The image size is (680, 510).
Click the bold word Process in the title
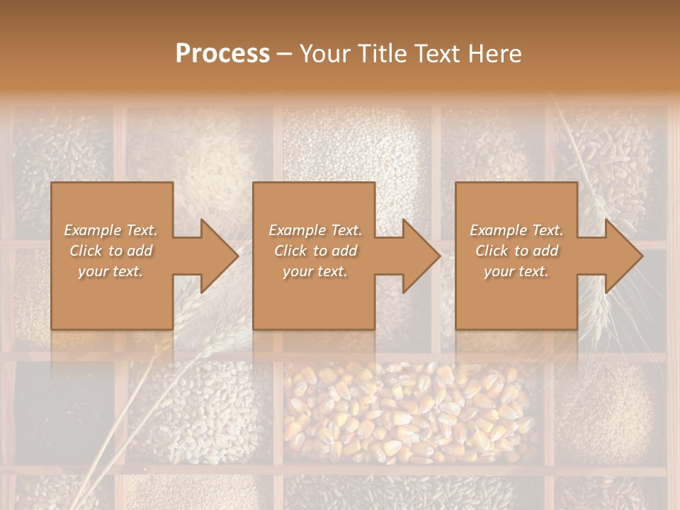click(222, 54)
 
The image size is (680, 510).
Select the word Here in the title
click(494, 54)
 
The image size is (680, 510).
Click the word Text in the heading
click(438, 54)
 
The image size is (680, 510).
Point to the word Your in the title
click(325, 54)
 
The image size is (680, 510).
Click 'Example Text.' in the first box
click(110, 230)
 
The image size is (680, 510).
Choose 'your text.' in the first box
click(110, 271)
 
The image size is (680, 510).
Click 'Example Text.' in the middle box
click(314, 230)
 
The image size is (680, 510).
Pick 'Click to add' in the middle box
click(314, 251)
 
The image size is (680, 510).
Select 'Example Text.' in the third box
click(516, 230)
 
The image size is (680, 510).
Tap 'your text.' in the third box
click(516, 271)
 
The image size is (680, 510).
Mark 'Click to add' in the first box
click(110, 251)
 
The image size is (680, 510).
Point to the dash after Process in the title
click(284, 55)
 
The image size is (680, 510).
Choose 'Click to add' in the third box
click(516, 251)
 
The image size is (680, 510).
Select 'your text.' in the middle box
click(314, 271)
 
